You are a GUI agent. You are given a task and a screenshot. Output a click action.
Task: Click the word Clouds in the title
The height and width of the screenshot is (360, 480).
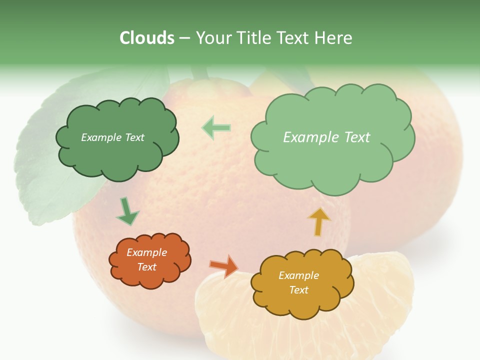point(147,38)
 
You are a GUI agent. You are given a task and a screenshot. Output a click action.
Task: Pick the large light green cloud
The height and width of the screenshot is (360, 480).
point(332,160)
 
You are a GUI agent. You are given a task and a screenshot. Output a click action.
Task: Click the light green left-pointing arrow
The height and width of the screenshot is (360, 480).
point(216,128)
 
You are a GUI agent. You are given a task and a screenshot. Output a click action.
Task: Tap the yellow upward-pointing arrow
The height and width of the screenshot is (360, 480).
point(319,221)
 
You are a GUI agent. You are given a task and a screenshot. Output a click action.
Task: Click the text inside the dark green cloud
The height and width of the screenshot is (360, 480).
point(112,137)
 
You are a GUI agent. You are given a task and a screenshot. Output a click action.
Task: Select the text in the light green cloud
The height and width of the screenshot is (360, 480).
point(326,137)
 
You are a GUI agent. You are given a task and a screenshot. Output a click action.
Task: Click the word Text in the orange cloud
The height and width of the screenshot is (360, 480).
point(147,267)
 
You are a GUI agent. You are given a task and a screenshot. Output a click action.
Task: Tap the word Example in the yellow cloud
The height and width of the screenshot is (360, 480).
point(298,275)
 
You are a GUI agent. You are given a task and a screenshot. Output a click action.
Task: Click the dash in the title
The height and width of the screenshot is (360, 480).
point(184,38)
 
